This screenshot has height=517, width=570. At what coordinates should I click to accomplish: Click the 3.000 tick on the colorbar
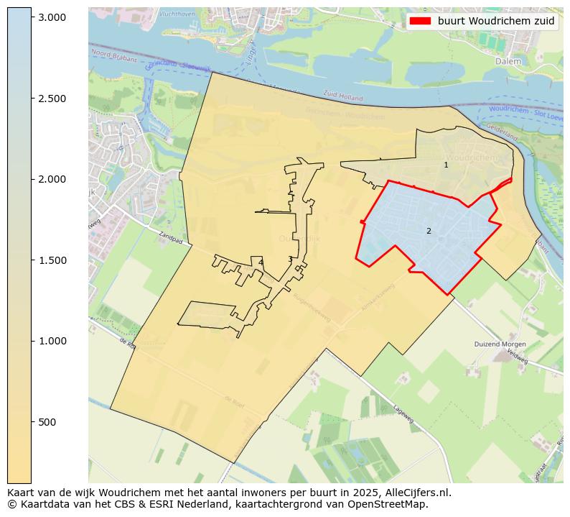pos(52,17)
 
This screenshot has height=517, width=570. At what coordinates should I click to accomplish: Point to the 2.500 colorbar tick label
pos(52,98)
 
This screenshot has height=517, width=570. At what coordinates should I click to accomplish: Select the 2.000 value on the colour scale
pos(52,179)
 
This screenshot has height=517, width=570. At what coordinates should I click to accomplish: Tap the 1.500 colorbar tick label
pos(52,260)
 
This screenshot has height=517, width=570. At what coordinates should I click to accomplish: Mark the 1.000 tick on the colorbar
pos(52,341)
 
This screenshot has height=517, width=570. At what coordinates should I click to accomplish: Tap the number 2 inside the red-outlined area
pos(429,231)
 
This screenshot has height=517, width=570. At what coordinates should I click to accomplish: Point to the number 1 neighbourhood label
pos(446,165)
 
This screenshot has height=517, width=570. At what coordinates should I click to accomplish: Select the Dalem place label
pos(508,62)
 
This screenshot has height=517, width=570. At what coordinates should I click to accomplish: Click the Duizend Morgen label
pos(500,344)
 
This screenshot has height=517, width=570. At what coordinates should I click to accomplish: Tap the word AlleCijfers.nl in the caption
pos(419,493)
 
